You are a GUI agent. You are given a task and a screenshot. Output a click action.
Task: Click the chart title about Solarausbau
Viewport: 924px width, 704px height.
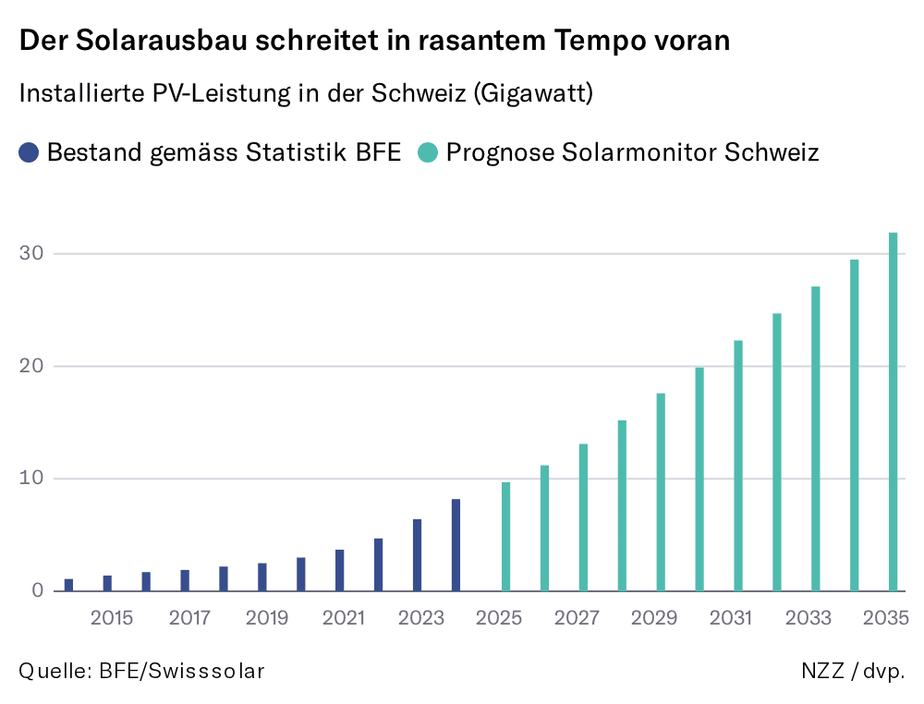374,42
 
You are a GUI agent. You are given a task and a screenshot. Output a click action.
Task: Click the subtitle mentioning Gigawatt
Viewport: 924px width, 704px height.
306,94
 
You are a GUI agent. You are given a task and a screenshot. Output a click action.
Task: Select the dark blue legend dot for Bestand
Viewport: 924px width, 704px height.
30,152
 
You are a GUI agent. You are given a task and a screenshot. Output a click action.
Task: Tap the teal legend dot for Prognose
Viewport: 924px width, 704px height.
428,152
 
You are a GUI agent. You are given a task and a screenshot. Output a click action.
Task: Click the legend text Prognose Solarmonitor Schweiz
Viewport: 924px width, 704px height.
632,152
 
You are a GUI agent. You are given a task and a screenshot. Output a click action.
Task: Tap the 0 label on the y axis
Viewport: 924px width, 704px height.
37,590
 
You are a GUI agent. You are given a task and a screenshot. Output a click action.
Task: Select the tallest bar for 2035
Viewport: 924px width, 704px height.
894,411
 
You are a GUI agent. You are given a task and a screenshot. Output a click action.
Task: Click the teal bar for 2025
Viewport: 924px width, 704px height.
505,537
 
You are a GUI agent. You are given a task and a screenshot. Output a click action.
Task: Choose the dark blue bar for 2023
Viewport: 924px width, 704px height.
417,555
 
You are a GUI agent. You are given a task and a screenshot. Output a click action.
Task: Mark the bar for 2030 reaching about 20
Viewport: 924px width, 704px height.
699,479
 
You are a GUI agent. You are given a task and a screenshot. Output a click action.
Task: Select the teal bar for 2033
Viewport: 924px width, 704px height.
816,439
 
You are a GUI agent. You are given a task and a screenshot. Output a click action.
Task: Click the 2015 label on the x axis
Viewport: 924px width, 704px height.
112,617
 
